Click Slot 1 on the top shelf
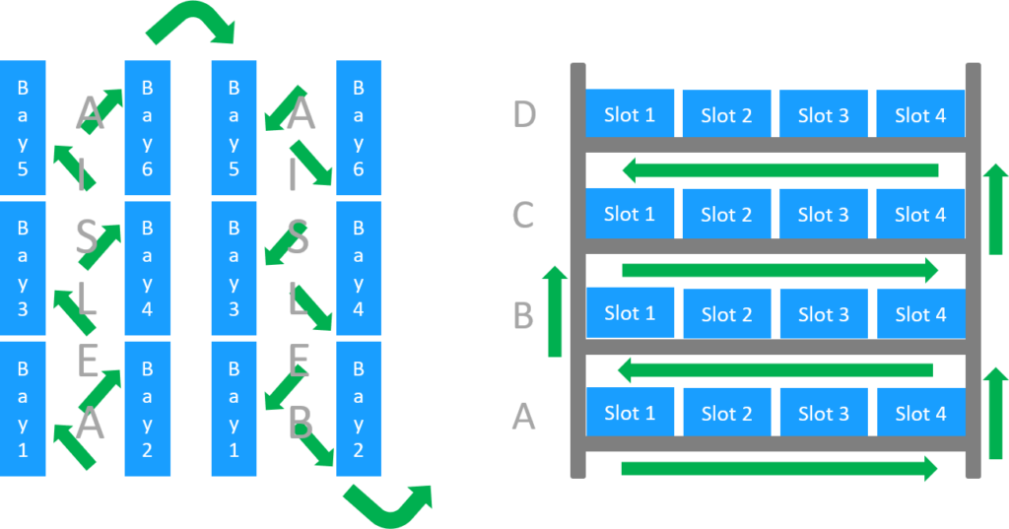click(630, 114)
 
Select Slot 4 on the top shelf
click(920, 114)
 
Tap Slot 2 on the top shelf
click(726, 114)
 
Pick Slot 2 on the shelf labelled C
click(726, 214)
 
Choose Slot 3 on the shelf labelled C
click(823, 214)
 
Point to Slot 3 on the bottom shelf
click(823, 413)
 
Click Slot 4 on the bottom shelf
click(920, 413)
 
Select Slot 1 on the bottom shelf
click(630, 413)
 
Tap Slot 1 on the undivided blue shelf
click(630, 313)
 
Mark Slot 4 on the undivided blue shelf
click(920, 314)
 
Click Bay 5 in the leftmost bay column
click(23, 128)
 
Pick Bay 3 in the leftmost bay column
click(23, 269)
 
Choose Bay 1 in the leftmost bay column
click(23, 407)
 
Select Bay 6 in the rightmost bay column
click(359, 128)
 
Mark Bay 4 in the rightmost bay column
click(359, 269)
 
